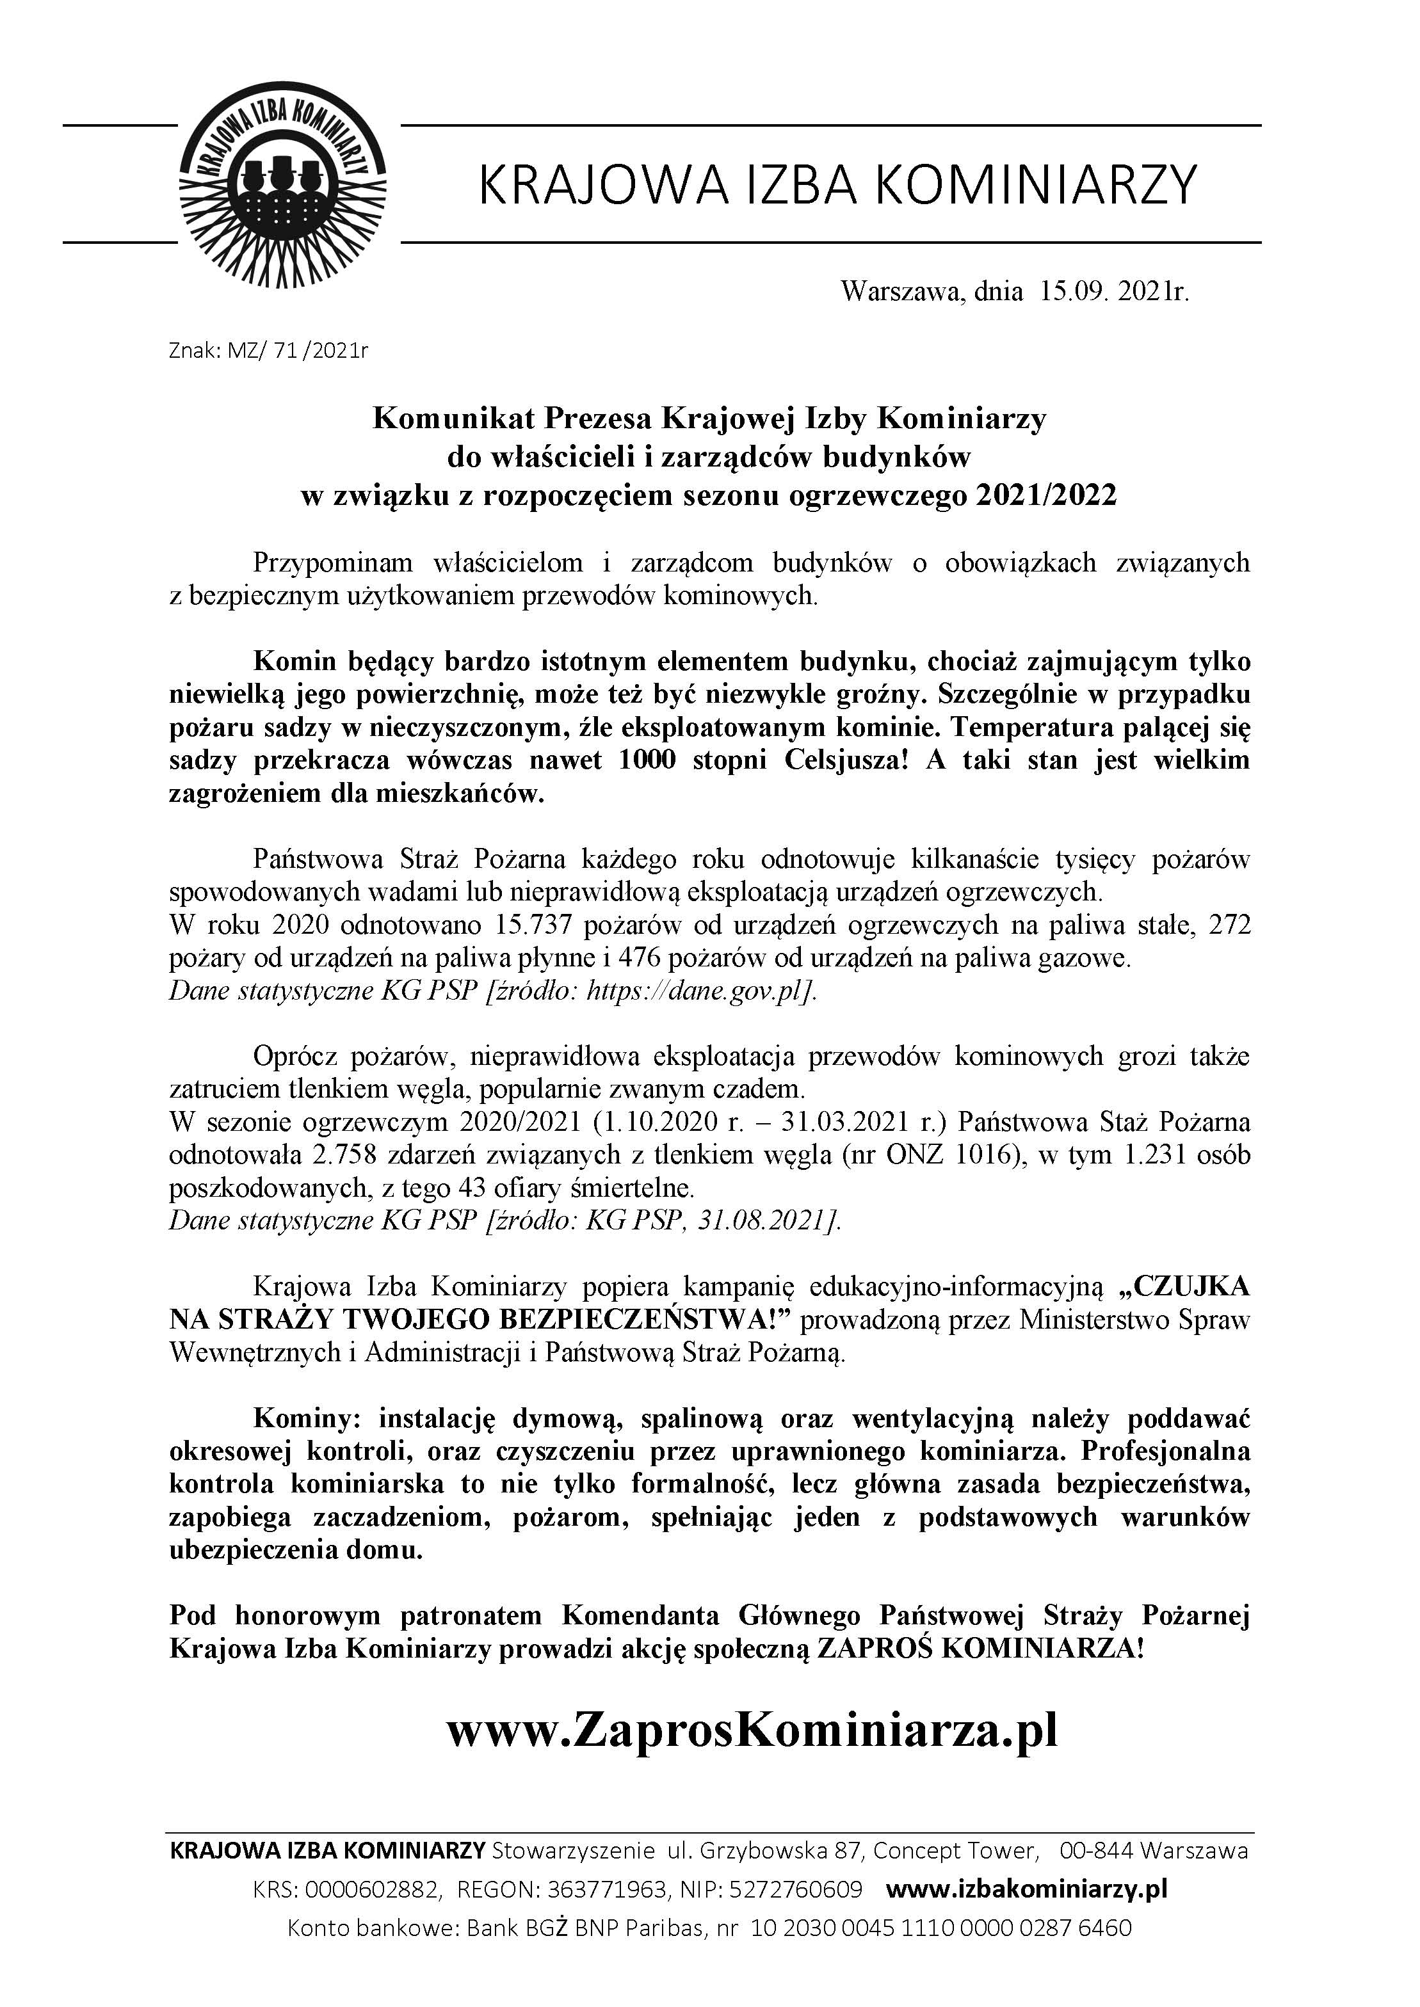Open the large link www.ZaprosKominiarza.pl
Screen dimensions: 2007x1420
pyautogui.click(x=752, y=1729)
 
